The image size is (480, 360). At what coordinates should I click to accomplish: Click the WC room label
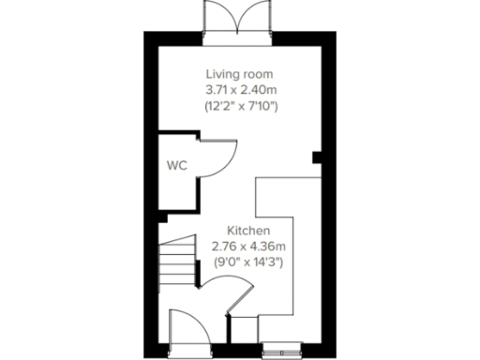tap(177, 165)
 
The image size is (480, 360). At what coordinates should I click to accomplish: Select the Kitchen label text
tap(248, 229)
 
